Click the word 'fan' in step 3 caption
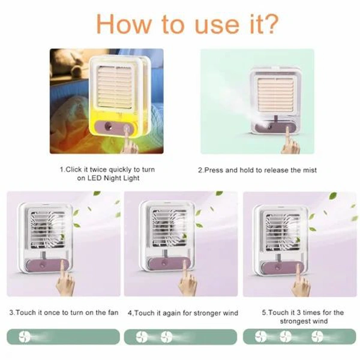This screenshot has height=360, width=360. point(112,313)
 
